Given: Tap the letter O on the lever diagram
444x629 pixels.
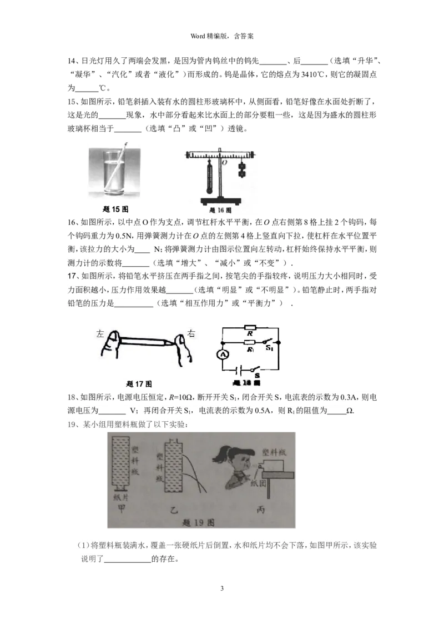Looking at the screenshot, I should click(224, 163).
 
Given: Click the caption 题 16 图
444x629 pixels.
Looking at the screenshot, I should click(219, 211).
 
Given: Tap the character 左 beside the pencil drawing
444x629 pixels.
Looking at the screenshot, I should click(100, 334).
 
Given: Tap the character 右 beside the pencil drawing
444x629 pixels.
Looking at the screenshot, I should click(191, 334).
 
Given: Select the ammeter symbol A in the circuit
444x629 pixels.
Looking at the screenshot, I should click(223, 355).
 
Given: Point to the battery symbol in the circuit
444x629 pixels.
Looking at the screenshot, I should click(240, 369).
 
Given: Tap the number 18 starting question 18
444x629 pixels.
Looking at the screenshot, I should click(71, 397).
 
